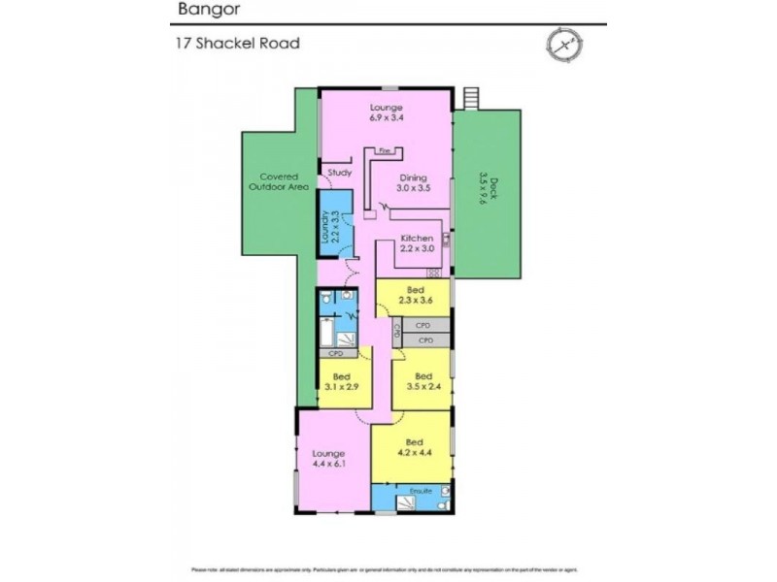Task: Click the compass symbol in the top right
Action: [562, 45]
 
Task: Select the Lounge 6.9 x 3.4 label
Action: [386, 113]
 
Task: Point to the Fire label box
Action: [386, 151]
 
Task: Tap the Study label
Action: [339, 173]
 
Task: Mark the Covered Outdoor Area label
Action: [279, 181]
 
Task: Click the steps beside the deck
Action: [472, 97]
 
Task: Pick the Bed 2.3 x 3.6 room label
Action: [415, 296]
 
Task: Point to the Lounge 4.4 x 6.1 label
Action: [329, 458]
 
